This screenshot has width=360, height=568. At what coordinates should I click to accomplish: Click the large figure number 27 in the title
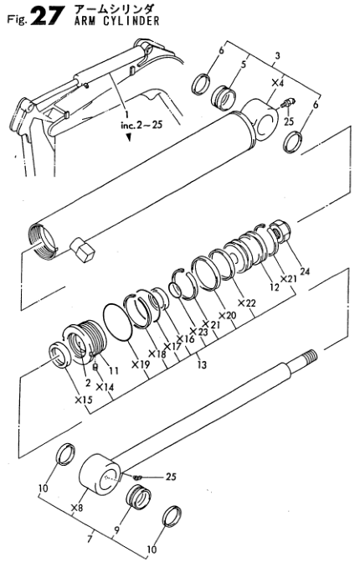[47, 16]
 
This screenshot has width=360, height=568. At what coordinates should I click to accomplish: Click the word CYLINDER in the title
[131, 21]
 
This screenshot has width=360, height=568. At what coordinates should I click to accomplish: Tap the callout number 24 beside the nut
[305, 271]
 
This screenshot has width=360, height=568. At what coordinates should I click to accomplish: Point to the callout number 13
[202, 364]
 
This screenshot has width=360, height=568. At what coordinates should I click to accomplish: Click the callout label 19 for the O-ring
[141, 364]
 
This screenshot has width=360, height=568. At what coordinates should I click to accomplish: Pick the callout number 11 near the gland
[114, 370]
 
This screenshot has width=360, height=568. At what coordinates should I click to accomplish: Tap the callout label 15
[83, 400]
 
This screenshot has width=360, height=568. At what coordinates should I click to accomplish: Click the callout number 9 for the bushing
[116, 530]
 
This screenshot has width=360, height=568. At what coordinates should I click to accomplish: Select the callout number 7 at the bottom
[90, 539]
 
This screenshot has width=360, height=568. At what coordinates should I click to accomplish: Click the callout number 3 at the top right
[277, 56]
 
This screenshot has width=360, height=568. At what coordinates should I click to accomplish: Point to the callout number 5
[244, 65]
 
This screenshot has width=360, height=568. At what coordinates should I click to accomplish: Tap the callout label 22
[247, 302]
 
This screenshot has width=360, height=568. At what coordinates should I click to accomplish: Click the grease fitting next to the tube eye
[288, 102]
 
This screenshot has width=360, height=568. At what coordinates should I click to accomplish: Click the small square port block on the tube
[82, 250]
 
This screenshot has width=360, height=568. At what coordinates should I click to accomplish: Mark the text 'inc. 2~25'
[141, 126]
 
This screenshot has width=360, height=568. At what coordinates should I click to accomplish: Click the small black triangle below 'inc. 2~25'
[129, 137]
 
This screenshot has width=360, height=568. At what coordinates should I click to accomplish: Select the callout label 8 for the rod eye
[77, 509]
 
